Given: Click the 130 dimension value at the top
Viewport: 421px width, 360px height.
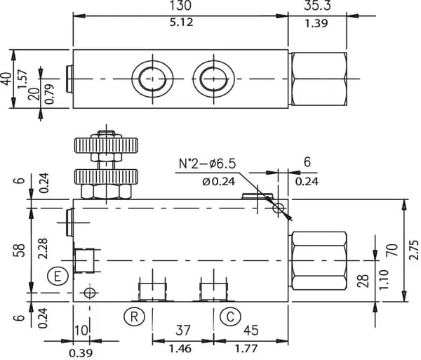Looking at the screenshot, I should pyautogui.click(x=180, y=6).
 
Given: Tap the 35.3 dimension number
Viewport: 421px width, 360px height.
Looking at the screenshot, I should pyautogui.click(x=318, y=6).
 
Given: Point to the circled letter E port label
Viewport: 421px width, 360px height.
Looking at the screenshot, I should pyautogui.click(x=59, y=276).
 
